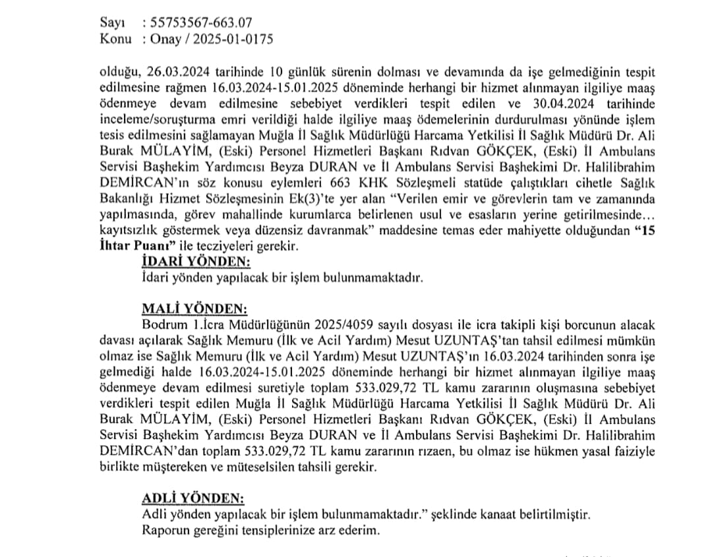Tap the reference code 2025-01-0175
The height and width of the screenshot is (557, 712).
click(x=231, y=39)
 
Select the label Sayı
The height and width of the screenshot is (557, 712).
click(x=111, y=23)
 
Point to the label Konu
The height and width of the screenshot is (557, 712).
click(x=115, y=39)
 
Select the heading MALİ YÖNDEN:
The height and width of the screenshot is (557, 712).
click(x=186, y=309)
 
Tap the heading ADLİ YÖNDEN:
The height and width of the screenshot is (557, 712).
click(x=186, y=498)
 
